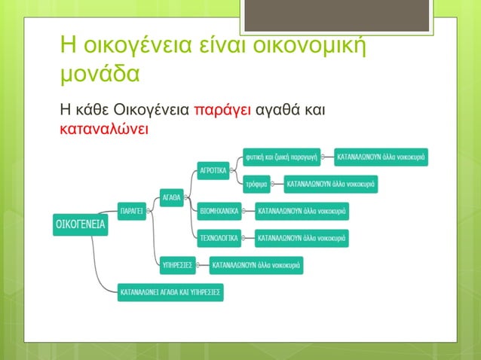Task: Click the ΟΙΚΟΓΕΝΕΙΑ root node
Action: [81, 225]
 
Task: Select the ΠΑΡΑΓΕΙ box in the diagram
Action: [131, 212]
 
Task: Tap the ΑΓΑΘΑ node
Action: [172, 198]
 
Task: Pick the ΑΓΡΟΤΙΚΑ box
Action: [213, 170]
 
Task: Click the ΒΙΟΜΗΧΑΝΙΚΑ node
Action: [219, 212]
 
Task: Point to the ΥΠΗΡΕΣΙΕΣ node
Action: [178, 265]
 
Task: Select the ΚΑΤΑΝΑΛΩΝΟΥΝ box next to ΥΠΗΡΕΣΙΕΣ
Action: [258, 265]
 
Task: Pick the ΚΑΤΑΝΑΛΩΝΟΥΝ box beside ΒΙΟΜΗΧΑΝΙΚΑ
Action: [302, 212]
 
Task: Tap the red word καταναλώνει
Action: [104, 129]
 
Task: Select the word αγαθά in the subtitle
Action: [279, 111]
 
